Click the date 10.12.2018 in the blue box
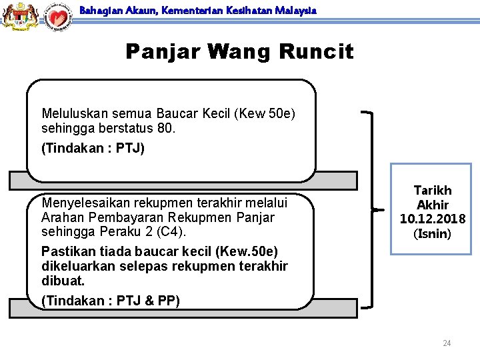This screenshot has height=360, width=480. [433, 219]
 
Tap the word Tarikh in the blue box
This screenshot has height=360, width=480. [433, 191]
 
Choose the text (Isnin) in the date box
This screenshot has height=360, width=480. [433, 234]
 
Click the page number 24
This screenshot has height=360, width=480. [447, 343]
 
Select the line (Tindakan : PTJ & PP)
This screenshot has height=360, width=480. [111, 301]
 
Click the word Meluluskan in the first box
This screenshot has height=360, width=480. [75, 114]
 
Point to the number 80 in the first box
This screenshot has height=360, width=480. [166, 128]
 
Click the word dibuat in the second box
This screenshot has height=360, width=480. [62, 281]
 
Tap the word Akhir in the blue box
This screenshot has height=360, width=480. [433, 205]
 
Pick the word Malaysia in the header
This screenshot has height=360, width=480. [297, 11]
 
